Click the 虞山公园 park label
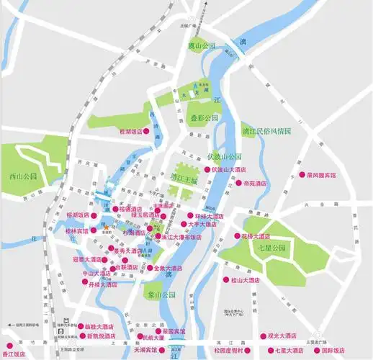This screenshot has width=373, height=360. pos(202,45)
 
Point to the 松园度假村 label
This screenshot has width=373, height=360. pos(228,350)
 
